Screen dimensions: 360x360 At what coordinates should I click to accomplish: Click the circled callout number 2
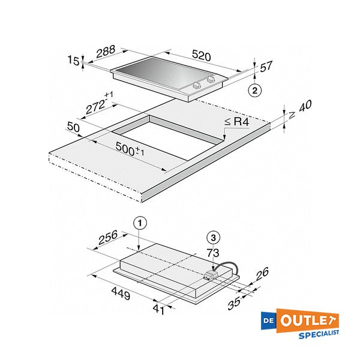tap(256, 91)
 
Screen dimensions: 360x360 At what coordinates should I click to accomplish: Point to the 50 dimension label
tap(74, 127)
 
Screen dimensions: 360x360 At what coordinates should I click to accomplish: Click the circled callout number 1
tap(139, 223)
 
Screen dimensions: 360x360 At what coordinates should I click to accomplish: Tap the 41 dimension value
tap(159, 310)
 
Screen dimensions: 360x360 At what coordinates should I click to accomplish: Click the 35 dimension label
tap(234, 302)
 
